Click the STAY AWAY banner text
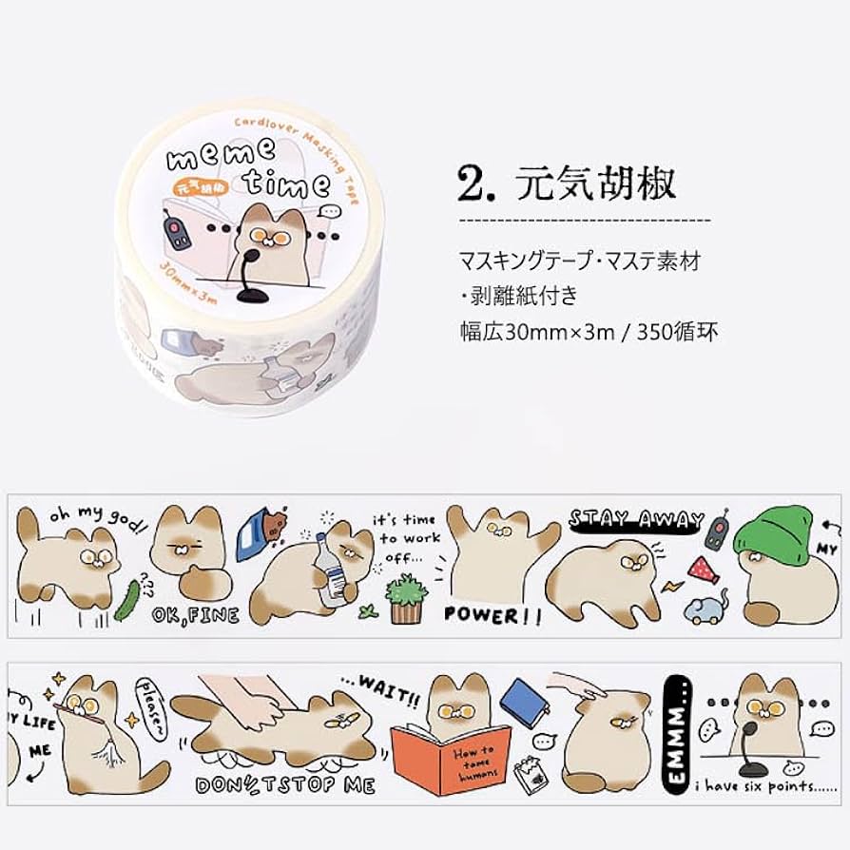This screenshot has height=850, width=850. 636,519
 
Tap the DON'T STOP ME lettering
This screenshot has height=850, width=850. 284,784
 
